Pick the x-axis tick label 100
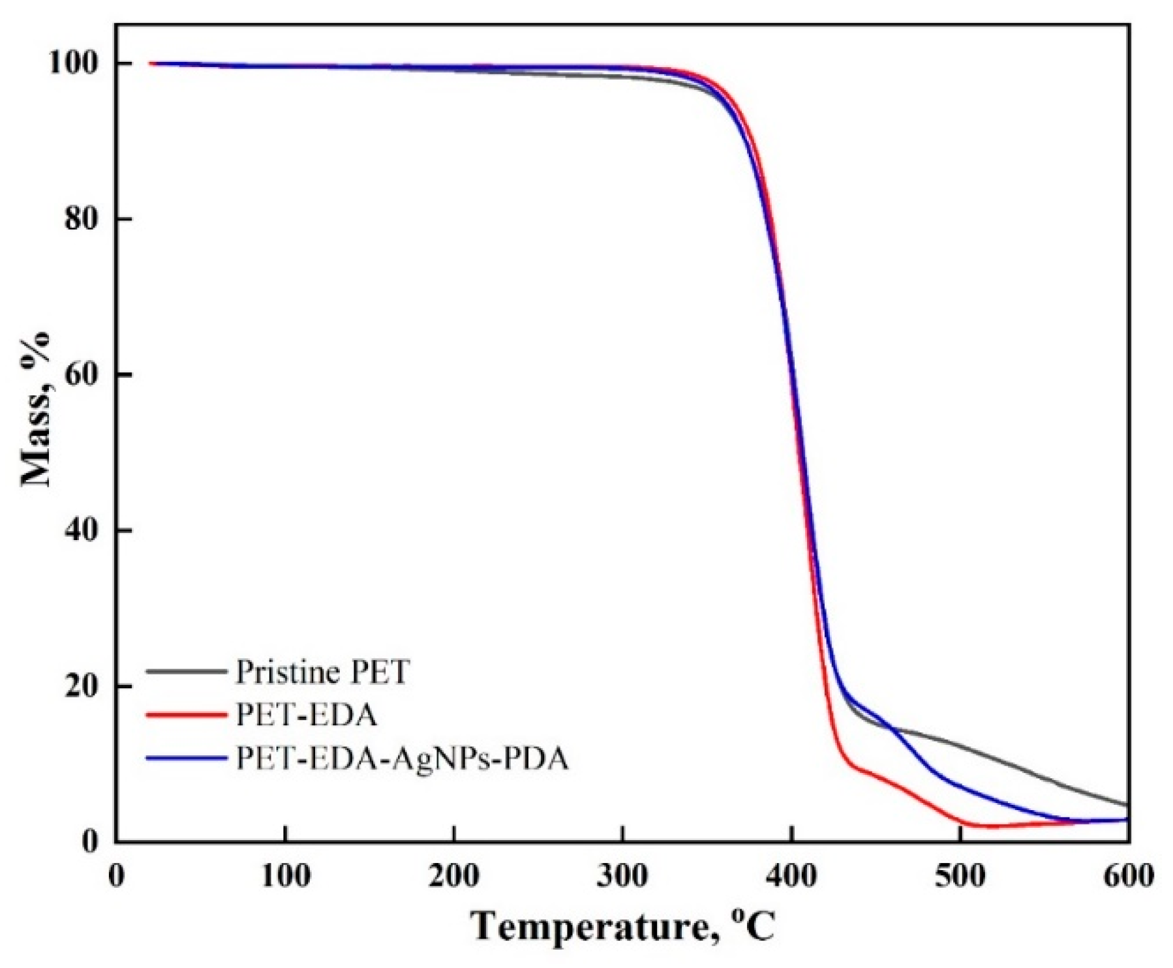285,876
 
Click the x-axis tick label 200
454,876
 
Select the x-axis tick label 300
623,876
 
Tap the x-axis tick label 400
791,876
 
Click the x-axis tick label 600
1127,876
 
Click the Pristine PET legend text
322,672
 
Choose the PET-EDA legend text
306,715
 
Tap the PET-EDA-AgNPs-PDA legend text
402,759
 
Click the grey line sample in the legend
186,671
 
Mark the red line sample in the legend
186,715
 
